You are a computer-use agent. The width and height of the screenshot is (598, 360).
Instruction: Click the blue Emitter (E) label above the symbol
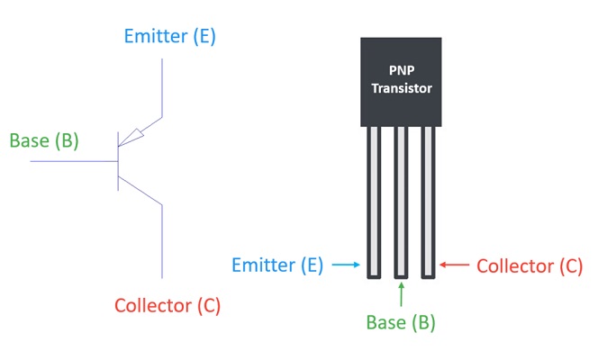[170, 37]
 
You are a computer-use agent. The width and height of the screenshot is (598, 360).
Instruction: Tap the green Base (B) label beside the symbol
[44, 140]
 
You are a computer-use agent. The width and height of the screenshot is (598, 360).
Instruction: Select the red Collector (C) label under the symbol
[168, 305]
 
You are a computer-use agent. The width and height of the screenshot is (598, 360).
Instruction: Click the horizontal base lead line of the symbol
[72, 162]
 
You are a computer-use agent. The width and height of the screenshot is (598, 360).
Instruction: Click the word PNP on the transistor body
[401, 70]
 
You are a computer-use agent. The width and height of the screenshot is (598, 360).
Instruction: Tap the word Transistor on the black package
[401, 88]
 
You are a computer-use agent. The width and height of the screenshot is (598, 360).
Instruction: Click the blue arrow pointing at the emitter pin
[345, 265]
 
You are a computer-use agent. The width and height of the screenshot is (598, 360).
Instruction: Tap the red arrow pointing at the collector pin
[455, 265]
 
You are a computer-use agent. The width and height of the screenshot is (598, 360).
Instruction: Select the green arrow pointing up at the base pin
[402, 293]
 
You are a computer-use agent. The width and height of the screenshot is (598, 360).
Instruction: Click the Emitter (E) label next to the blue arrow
[276, 265]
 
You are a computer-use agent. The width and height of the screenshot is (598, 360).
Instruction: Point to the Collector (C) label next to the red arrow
[530, 265]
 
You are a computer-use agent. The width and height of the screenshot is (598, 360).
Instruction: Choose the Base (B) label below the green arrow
[402, 321]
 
